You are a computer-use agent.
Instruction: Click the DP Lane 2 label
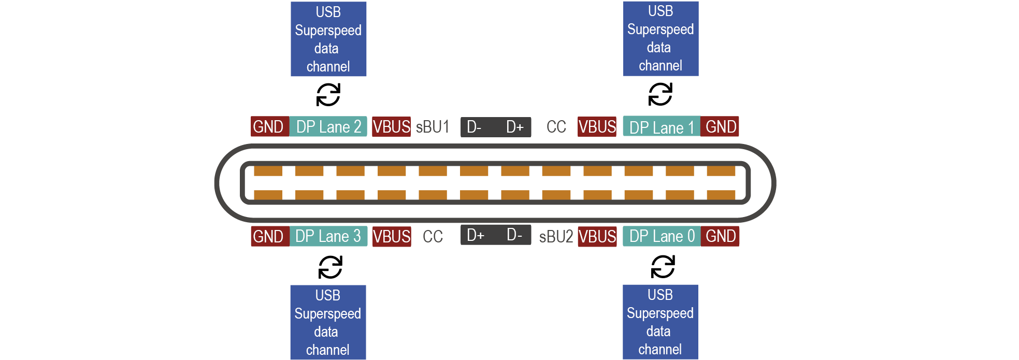click(x=328, y=127)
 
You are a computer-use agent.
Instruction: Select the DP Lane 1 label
click(x=661, y=127)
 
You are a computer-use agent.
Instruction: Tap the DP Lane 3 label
click(x=328, y=236)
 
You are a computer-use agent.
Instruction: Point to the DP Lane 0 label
click(x=662, y=236)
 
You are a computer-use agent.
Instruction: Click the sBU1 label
click(x=432, y=127)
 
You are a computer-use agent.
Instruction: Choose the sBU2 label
click(x=556, y=237)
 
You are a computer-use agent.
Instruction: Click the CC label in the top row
click(x=556, y=127)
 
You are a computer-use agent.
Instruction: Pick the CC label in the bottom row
click(x=433, y=237)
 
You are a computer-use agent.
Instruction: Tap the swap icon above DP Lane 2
click(x=328, y=95)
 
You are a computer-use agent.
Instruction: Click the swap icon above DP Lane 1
click(x=661, y=94)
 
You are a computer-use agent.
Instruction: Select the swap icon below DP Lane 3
click(x=330, y=267)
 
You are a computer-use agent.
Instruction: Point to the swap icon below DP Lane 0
click(x=663, y=267)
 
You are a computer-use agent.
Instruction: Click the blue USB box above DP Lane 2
click(x=328, y=39)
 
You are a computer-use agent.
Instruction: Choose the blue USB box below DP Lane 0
click(x=660, y=322)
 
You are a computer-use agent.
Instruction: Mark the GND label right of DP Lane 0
click(x=720, y=236)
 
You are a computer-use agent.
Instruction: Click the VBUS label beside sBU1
click(x=391, y=127)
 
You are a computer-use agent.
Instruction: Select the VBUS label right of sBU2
click(x=597, y=237)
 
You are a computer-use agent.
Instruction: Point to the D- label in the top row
click(x=474, y=127)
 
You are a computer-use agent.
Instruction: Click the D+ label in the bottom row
click(x=475, y=235)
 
